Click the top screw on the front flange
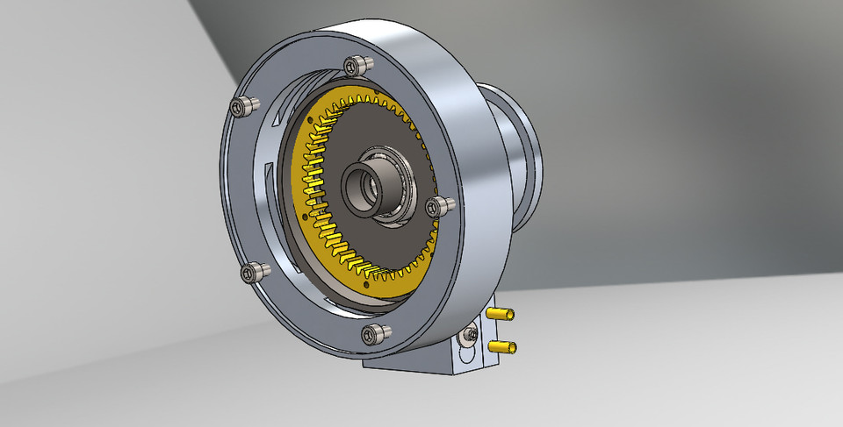[357, 65]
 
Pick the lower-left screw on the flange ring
[251, 273]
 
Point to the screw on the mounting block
[473, 333]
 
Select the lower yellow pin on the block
[504, 348]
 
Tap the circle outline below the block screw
[467, 353]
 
